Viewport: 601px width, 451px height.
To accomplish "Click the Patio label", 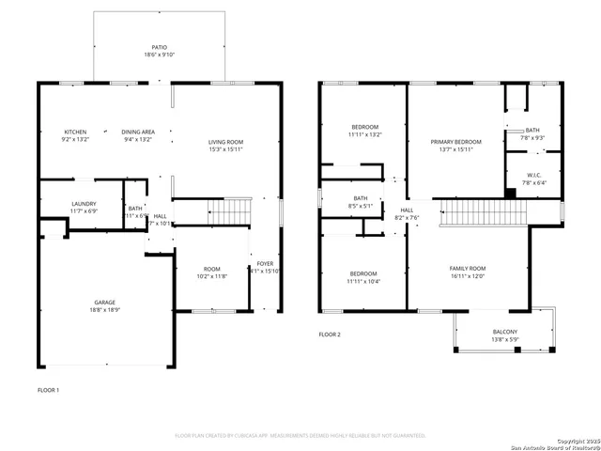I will pos(159,46).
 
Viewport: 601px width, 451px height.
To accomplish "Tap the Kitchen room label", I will pos(76,132).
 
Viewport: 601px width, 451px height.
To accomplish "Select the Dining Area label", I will pos(138,132).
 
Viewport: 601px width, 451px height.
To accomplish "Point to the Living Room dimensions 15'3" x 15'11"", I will pos(225,149).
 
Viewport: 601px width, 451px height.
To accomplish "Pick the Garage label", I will pos(103,303).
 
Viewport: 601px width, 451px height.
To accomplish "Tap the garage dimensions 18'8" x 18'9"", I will pos(103,311).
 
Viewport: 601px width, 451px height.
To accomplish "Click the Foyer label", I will pos(266,264).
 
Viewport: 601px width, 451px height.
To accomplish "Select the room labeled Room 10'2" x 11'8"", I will pos(212,272).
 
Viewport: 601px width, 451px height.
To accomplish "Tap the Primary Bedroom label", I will pos(455,141).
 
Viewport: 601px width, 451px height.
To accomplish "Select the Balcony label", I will pos(504,332).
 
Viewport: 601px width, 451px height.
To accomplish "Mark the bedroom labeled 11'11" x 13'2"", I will pos(364,131).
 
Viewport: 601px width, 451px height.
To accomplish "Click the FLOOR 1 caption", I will pos(48,389).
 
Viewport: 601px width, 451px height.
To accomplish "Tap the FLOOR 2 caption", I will pos(330,334).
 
